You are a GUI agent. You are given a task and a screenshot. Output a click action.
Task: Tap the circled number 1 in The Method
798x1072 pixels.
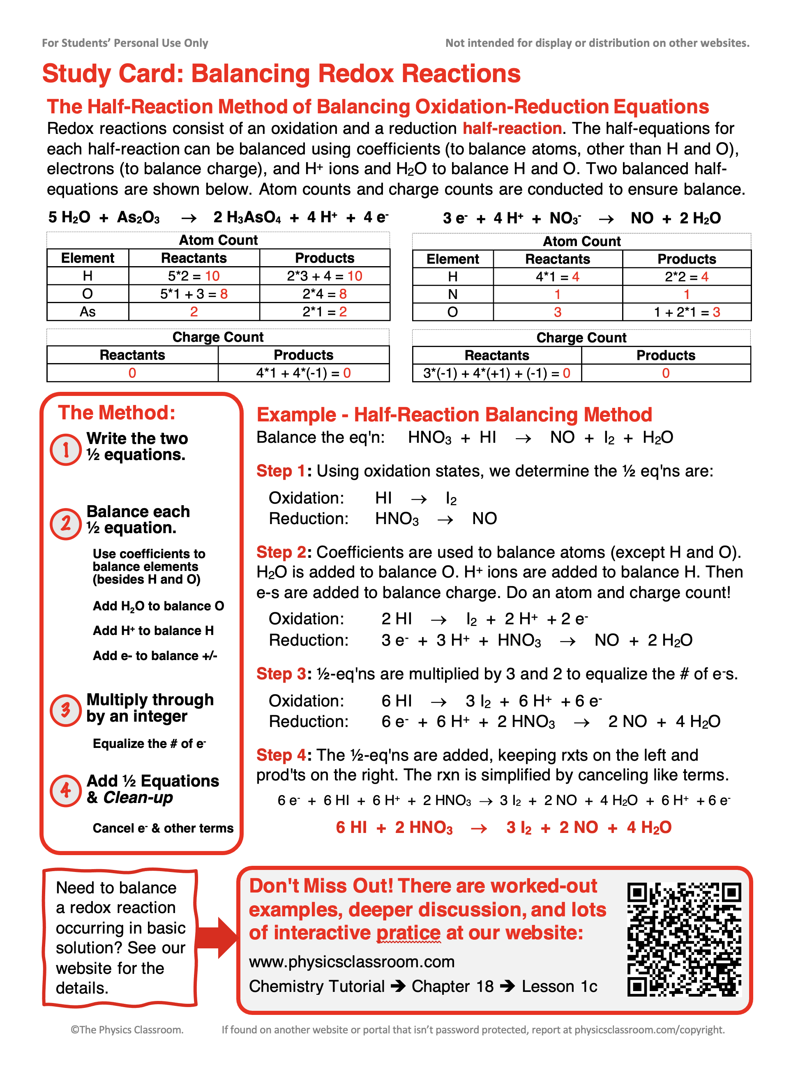66,450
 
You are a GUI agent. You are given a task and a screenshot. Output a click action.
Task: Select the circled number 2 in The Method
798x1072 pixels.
66,523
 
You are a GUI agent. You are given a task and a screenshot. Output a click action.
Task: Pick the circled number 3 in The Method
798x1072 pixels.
66,710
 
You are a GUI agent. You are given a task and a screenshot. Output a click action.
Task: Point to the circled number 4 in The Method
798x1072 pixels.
66,791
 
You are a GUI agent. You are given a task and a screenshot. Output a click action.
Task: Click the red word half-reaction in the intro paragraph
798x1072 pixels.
512,129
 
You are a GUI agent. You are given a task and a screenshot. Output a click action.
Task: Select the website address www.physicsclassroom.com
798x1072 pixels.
352,962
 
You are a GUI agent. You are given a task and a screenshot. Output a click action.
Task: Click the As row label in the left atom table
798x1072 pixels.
88,312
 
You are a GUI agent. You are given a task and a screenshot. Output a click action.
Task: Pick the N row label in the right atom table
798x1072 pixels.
452,294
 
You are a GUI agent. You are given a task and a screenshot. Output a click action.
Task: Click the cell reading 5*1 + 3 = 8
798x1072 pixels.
194,294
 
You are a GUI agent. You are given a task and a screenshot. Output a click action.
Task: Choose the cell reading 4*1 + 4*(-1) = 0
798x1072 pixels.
303,373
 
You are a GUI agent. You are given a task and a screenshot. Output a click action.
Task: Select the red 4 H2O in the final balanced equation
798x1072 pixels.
649,828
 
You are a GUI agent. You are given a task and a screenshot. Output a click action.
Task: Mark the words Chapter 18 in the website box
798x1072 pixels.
452,986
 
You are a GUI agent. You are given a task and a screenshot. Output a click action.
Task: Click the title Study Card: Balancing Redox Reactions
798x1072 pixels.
281,74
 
